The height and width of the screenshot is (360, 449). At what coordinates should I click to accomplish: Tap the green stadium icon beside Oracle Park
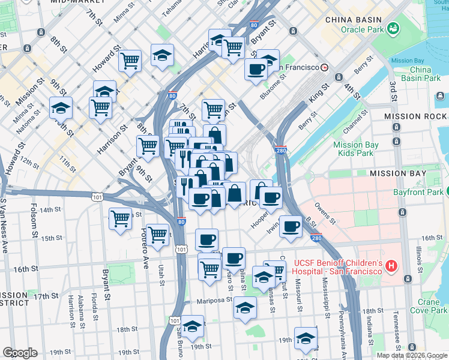click(393, 28)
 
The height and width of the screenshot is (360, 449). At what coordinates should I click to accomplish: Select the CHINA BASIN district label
click(354, 19)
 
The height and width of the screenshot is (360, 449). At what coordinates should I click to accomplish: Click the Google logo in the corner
click(20, 353)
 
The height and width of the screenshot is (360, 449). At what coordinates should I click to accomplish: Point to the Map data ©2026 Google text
click(412, 355)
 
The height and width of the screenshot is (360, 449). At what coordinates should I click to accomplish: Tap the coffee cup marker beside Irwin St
click(291, 227)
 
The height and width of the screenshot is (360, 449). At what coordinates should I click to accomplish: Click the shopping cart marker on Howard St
click(130, 60)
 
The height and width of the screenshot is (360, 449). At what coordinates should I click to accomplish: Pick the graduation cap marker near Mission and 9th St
click(61, 108)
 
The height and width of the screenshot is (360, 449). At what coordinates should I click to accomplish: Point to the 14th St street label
click(54, 209)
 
